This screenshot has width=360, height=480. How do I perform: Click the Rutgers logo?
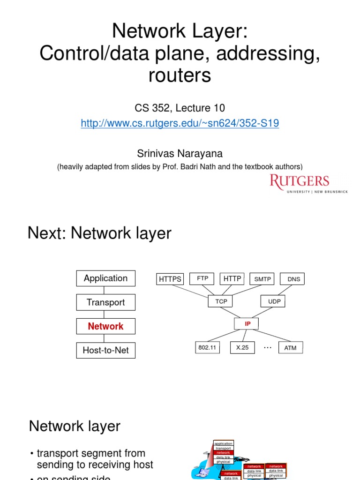308,184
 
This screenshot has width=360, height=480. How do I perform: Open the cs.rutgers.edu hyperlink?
180,123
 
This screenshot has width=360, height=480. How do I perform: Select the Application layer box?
105,278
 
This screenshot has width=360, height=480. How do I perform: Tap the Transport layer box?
105,302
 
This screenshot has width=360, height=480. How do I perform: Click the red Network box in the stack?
105,326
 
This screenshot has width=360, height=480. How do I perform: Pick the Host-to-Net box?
105,350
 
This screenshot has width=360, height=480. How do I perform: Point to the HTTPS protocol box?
170,279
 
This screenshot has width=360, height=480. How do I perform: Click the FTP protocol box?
202,278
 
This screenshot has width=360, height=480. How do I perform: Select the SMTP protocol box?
262,279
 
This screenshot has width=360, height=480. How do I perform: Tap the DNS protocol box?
293,279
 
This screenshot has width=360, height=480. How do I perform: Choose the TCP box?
221,301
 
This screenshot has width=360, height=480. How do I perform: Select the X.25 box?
242,348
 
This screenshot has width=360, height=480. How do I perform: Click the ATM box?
290,348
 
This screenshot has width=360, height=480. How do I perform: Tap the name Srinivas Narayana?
180,154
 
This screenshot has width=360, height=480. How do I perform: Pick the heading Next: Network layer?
99,233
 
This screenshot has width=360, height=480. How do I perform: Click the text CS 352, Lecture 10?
180,108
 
